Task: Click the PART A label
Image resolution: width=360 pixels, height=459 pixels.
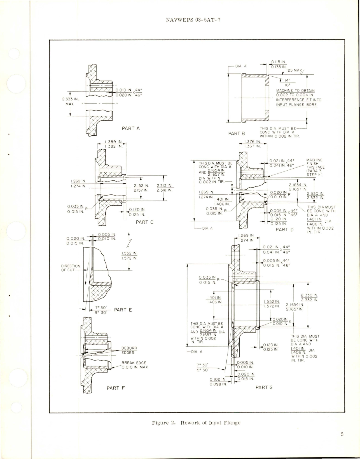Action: click(131, 128)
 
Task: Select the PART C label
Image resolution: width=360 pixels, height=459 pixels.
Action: click(144, 222)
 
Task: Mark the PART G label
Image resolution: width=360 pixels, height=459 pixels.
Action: click(264, 387)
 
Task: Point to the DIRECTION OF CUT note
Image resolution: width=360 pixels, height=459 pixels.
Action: click(71, 268)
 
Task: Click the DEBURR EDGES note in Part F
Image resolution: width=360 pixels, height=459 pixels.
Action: click(129, 350)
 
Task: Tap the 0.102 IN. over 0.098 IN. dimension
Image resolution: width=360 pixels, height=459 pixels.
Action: click(218, 382)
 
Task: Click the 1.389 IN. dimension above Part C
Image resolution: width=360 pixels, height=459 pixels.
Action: click(113, 142)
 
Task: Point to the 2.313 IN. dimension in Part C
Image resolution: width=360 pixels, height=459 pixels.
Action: click(164, 188)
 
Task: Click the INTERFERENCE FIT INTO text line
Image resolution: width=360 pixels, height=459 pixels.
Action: click(298, 100)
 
